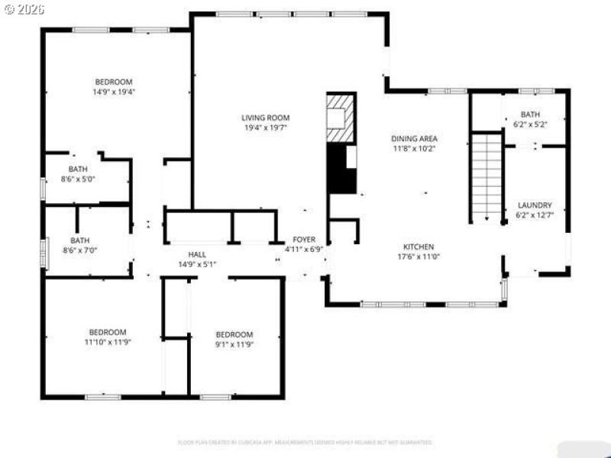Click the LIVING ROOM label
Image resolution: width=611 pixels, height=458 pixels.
point(265,118)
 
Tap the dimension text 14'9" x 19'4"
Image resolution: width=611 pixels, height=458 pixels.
point(114,92)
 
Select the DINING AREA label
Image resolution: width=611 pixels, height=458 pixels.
point(414,138)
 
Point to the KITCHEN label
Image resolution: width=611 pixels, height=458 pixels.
point(419,247)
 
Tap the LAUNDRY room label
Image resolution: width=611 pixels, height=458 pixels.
point(535,205)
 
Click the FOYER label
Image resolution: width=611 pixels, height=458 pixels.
point(304,239)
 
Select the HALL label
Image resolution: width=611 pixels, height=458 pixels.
point(197,254)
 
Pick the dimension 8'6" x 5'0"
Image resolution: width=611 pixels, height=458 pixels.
point(78,180)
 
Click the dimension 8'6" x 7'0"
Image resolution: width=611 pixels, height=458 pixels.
point(80,250)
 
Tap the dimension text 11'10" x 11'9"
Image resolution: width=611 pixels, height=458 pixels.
point(107,343)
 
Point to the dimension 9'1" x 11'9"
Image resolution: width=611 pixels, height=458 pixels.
point(234,344)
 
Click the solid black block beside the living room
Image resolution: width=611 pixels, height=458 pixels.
point(341,169)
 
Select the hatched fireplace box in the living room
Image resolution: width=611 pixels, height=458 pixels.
point(341,117)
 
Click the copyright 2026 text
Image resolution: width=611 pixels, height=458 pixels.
point(24,9)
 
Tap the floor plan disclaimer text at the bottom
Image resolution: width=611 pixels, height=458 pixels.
point(305,442)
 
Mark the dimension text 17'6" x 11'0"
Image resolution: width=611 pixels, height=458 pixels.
point(419,256)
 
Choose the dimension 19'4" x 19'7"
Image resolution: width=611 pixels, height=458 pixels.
point(265,128)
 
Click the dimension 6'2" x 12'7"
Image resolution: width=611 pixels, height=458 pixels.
point(535,215)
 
